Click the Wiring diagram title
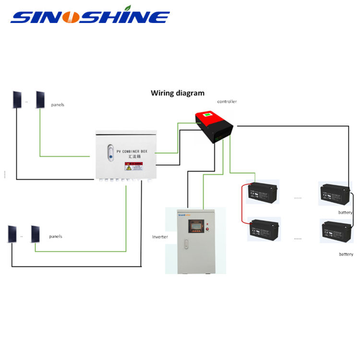(x=178, y=93)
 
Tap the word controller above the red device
(x=227, y=102)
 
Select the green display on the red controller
(x=207, y=115)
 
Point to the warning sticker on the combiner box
(x=134, y=167)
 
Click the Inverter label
(x=160, y=237)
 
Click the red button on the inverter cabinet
(x=208, y=230)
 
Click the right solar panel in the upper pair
(x=40, y=99)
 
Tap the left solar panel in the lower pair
(x=12, y=234)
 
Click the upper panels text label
(x=58, y=105)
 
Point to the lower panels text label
(x=56, y=237)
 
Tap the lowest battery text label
(x=346, y=254)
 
